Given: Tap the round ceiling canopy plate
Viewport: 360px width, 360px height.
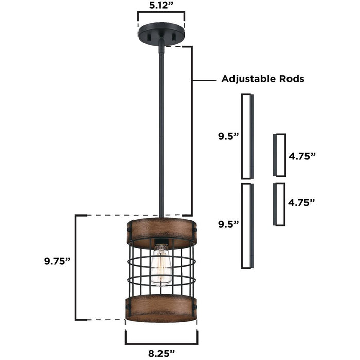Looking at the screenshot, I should coord(160,35).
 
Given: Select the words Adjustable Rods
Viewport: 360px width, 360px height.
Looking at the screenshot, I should coord(262,79).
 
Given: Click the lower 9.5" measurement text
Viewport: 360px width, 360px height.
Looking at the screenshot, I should coord(228,224).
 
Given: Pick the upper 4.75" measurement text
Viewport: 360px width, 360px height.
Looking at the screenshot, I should coord(302,156).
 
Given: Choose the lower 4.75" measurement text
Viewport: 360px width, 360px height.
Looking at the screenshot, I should coord(302,203).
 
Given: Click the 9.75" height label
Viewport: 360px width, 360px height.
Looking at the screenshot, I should coord(57,261).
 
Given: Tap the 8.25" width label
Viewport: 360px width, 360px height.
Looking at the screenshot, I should coord(160,352).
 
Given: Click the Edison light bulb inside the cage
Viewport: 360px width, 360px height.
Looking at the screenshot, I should coord(161,265).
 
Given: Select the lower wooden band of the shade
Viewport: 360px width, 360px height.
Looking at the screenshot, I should coord(160,309).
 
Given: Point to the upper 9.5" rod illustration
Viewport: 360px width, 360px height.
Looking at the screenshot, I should coord(247,136).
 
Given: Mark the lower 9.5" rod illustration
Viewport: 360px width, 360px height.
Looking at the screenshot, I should coord(247,225).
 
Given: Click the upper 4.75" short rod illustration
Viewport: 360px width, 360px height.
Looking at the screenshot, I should coord(279,155).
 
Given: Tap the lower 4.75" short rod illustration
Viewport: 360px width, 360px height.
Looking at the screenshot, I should coord(279,204).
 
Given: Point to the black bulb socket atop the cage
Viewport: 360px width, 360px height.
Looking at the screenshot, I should coord(161,241).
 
